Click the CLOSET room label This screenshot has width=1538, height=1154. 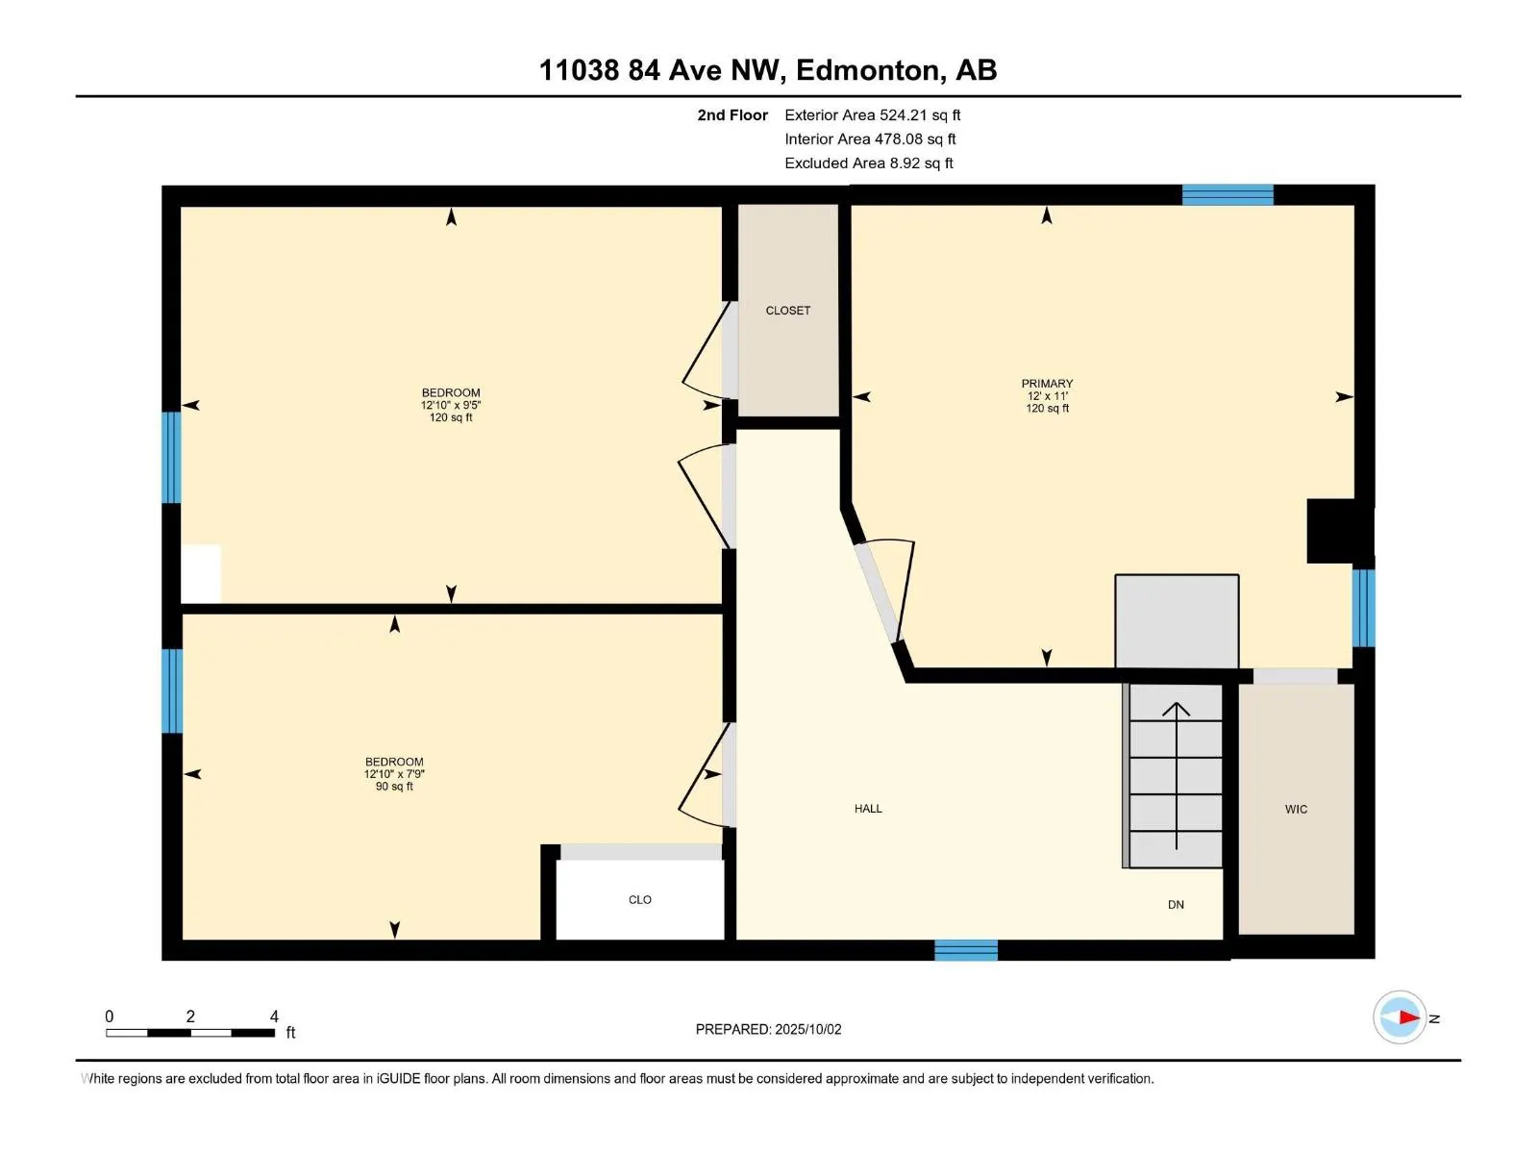(787, 311)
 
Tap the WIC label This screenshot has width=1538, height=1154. (1296, 810)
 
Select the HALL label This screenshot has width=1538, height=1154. (868, 809)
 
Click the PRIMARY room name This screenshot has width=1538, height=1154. (1047, 384)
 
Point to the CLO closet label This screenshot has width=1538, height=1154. (640, 900)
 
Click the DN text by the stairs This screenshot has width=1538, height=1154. (1176, 905)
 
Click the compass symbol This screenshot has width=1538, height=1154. (1400, 1017)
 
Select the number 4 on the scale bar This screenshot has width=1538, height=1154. (274, 1016)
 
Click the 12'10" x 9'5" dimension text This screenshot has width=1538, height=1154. (451, 406)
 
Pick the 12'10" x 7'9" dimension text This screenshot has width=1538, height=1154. (394, 774)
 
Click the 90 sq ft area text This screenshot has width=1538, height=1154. (394, 787)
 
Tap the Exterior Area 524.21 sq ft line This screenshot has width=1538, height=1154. (872, 115)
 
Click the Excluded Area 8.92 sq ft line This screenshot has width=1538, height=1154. (868, 163)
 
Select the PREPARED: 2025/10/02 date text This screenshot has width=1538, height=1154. (768, 1029)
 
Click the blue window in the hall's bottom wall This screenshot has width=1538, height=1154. (966, 950)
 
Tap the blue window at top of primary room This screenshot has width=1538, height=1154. (1228, 195)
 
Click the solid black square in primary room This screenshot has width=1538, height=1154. (1336, 531)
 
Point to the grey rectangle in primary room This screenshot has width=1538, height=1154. (1177, 621)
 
